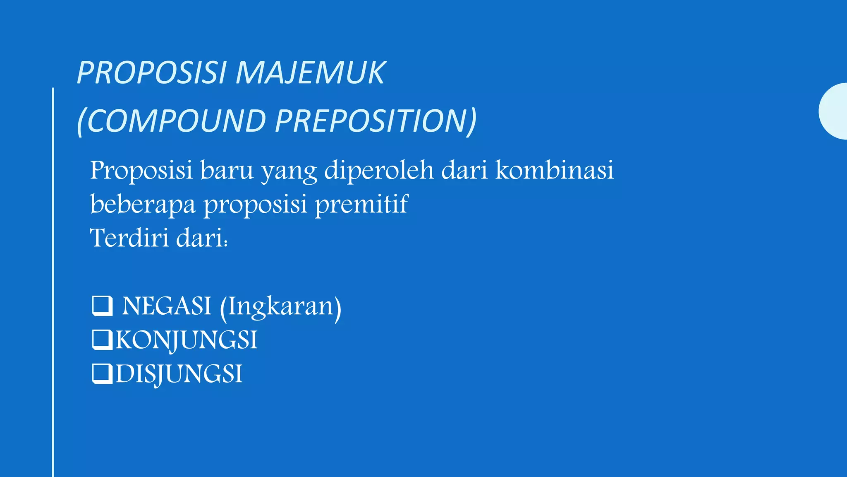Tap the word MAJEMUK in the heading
point(310,73)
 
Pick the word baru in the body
point(227,171)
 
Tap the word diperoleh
point(379,171)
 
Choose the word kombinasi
point(555,171)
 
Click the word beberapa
point(143,204)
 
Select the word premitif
point(361,204)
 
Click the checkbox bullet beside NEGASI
point(102,306)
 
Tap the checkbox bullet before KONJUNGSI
point(102,340)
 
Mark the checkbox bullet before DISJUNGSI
point(102,374)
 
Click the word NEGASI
point(167,306)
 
